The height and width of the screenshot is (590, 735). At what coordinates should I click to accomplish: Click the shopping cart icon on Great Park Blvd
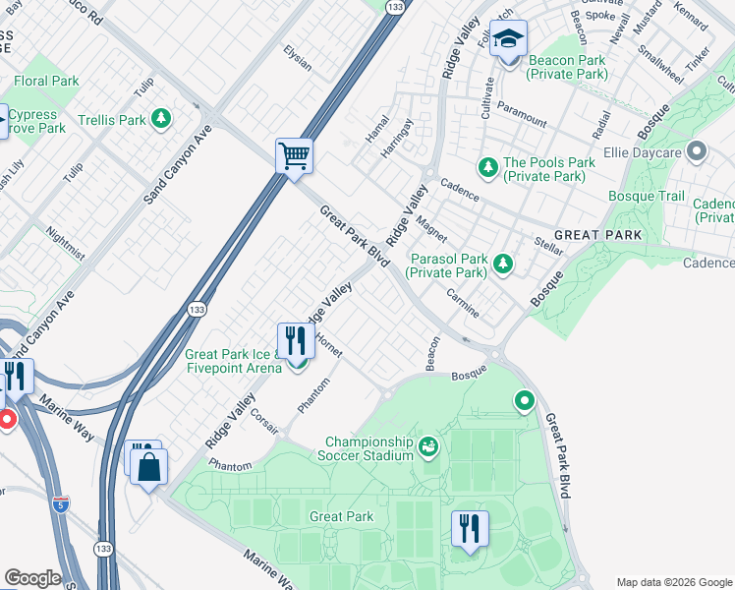point(294,155)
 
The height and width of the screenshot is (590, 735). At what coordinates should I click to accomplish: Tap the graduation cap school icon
point(508,40)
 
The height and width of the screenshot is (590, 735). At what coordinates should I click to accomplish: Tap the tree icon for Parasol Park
point(503,263)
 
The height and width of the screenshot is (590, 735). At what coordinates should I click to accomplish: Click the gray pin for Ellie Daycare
point(698,151)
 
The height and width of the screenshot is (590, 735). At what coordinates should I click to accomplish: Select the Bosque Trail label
point(646,197)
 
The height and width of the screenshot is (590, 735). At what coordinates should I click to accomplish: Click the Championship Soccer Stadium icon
point(428,448)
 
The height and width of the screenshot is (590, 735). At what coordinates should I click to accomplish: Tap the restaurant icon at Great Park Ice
point(296,341)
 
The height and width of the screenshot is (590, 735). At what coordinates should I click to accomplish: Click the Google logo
point(32,578)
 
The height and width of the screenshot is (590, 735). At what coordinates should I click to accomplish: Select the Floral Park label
point(46,81)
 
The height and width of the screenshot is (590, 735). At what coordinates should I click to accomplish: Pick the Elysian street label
point(297,58)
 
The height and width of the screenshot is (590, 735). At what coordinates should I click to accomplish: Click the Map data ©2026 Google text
point(673,582)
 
